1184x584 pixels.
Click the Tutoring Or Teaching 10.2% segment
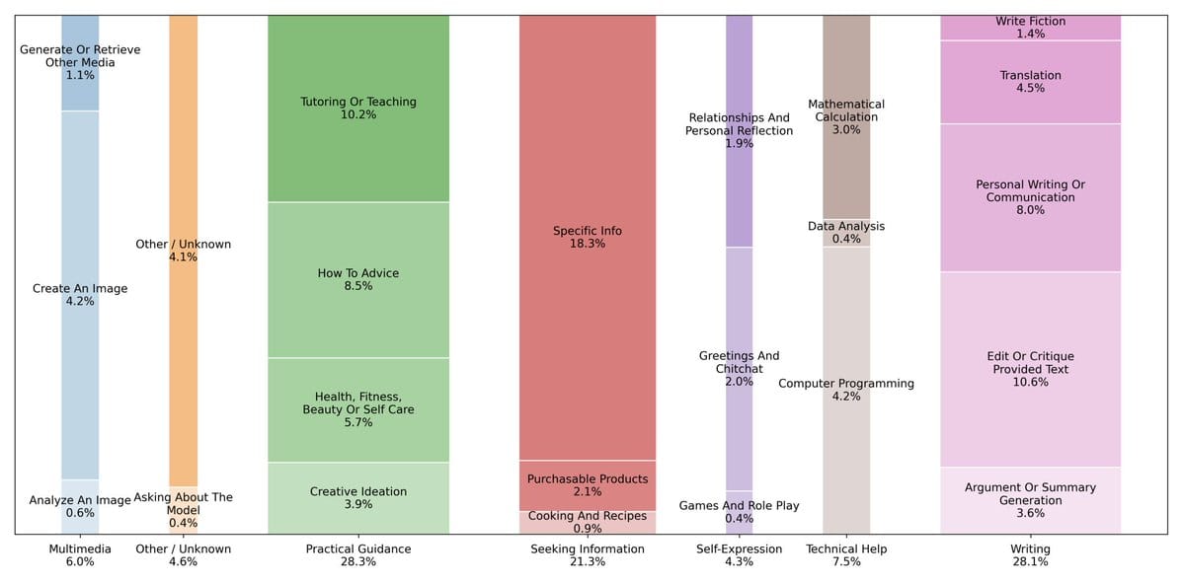[x=357, y=109]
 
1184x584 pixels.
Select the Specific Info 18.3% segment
[x=587, y=238]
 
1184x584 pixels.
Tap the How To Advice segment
[x=357, y=280]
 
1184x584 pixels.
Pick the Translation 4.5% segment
[x=1030, y=82]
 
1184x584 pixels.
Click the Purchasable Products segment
[x=587, y=485]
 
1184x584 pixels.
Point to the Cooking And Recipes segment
[x=587, y=522]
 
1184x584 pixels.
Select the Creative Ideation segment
[x=357, y=498]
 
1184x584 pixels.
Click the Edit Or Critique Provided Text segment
[x=1030, y=369]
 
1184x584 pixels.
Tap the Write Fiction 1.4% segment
[x=1030, y=28]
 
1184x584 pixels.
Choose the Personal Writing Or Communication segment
[x=1030, y=197]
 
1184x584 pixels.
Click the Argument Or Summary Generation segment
[x=1030, y=500]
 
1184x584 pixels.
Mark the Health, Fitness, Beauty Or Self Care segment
[x=357, y=409]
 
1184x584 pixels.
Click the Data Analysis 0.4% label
[x=845, y=233]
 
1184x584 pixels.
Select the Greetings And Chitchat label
[x=739, y=368]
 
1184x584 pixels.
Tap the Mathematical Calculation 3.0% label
[x=845, y=116]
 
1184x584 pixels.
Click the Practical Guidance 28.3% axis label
[x=357, y=555]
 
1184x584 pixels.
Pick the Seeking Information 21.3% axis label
[x=587, y=555]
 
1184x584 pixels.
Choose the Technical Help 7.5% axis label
[x=845, y=555]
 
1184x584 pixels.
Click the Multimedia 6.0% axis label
[x=80, y=555]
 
